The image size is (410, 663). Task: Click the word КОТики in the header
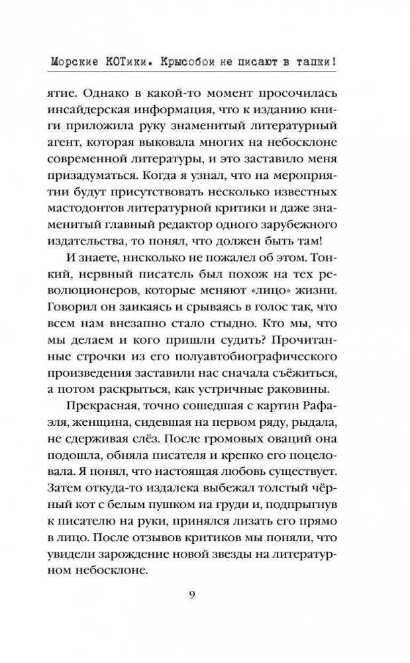(x=130, y=62)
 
